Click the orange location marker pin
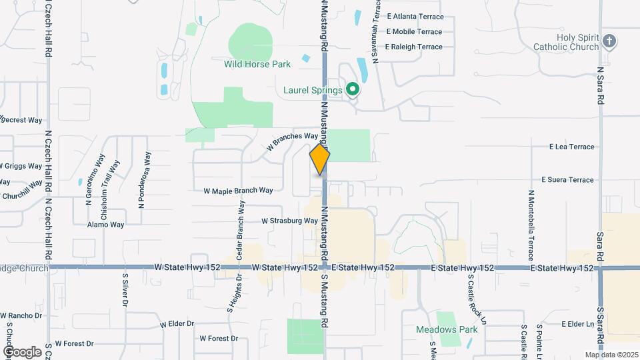coord(320,159)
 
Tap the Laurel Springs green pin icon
coord(353,89)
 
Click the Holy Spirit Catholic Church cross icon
coord(609,42)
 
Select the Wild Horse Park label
coord(257,65)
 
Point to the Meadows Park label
coord(437,329)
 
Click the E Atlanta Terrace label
coord(414,16)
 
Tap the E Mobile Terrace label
coord(414,31)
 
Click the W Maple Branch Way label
coord(238,191)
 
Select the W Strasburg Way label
coord(289,221)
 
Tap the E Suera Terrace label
coord(567,180)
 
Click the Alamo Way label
coord(106,225)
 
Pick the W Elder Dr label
coord(177,324)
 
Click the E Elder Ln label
coord(577,324)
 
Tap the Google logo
coord(22,351)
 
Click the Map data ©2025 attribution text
coord(611,355)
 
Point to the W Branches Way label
coord(293,141)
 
